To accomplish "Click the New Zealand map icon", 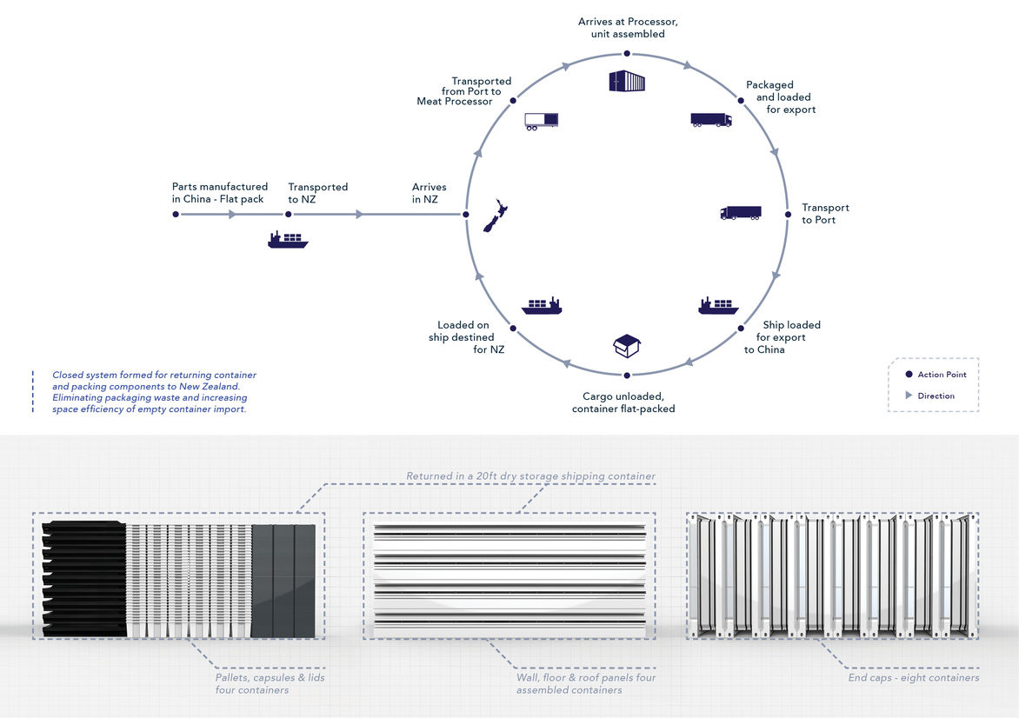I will tap(496, 215).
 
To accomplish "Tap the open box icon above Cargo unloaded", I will tap(626, 345).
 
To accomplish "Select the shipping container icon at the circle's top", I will tap(626, 81).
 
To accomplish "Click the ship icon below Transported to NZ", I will tap(288, 240).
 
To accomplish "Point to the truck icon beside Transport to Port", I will tap(741, 213).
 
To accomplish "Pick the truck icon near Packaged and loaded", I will tap(711, 120).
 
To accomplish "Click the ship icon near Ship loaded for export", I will tap(718, 306).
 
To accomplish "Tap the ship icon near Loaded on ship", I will tap(542, 306).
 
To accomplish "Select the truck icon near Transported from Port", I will tap(542, 122).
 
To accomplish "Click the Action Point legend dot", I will tap(909, 375).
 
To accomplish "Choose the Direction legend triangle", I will tap(909, 396).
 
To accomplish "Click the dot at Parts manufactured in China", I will tap(176, 214).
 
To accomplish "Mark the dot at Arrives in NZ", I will tap(467, 214).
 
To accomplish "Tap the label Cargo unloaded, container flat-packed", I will tap(623, 402).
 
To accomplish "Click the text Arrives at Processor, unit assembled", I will tap(622, 27).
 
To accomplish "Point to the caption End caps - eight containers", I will tap(914, 677).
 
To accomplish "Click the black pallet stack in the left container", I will tap(83, 578).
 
